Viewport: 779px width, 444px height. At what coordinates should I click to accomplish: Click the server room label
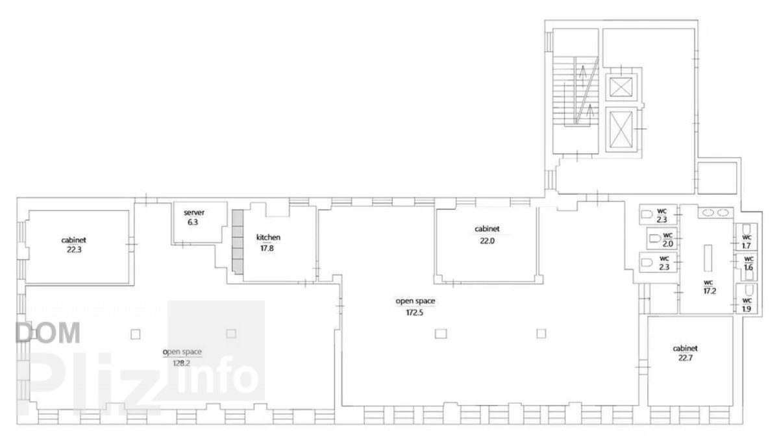click(194, 212)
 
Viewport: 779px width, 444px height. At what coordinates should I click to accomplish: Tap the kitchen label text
click(268, 238)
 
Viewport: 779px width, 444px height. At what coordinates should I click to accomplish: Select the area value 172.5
click(415, 313)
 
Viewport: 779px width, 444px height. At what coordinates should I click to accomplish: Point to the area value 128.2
click(182, 364)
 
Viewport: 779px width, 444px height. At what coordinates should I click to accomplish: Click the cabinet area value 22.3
click(74, 250)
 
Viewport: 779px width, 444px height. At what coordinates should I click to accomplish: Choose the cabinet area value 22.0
click(488, 241)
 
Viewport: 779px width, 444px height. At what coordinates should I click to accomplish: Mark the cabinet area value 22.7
click(685, 358)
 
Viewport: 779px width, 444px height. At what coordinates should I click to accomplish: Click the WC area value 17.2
click(710, 291)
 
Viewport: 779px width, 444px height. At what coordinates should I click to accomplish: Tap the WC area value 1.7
click(747, 246)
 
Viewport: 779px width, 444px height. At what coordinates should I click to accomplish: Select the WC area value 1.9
click(747, 309)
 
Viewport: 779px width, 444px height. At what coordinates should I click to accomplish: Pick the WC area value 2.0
click(668, 243)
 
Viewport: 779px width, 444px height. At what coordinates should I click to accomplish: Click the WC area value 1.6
click(748, 267)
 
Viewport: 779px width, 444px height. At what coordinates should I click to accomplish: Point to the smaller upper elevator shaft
click(621, 86)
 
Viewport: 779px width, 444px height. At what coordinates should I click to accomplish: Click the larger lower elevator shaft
click(621, 130)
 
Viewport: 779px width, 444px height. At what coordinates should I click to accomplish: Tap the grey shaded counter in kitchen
click(238, 241)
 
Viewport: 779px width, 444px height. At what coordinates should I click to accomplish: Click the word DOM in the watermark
click(48, 333)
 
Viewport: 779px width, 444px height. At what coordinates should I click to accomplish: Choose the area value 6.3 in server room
click(193, 222)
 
